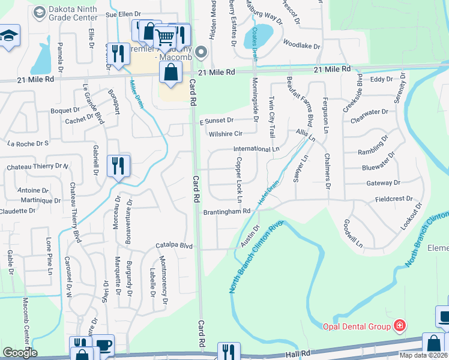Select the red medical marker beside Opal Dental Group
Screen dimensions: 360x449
[x=399, y=326]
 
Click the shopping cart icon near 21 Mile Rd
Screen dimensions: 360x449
[x=164, y=37]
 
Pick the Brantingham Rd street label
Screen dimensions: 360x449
[x=226, y=211]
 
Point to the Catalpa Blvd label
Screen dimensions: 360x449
[x=173, y=245]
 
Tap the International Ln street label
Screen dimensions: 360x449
[x=256, y=148]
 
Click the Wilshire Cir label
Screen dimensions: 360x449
[x=225, y=134]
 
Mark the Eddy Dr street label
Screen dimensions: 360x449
[x=380, y=79]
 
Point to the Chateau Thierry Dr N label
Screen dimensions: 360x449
[x=37, y=166]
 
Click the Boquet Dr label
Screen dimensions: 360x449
[x=65, y=110]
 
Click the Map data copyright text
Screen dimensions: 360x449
[x=424, y=355]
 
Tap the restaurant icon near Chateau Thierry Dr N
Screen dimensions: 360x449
[x=118, y=166]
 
